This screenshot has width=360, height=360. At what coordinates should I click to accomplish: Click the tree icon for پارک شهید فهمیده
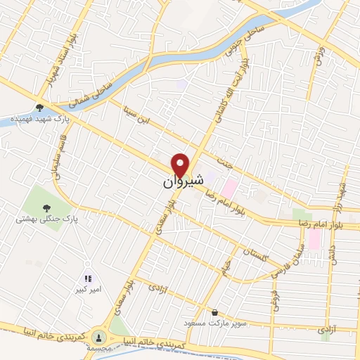pyautogui.click(x=39, y=108)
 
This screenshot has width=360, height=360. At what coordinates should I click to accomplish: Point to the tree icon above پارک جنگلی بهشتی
pyautogui.click(x=46, y=207)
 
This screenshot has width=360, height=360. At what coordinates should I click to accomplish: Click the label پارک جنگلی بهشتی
pyautogui.click(x=46, y=219)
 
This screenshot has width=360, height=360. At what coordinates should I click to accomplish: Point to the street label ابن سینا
pyautogui.click(x=135, y=117)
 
